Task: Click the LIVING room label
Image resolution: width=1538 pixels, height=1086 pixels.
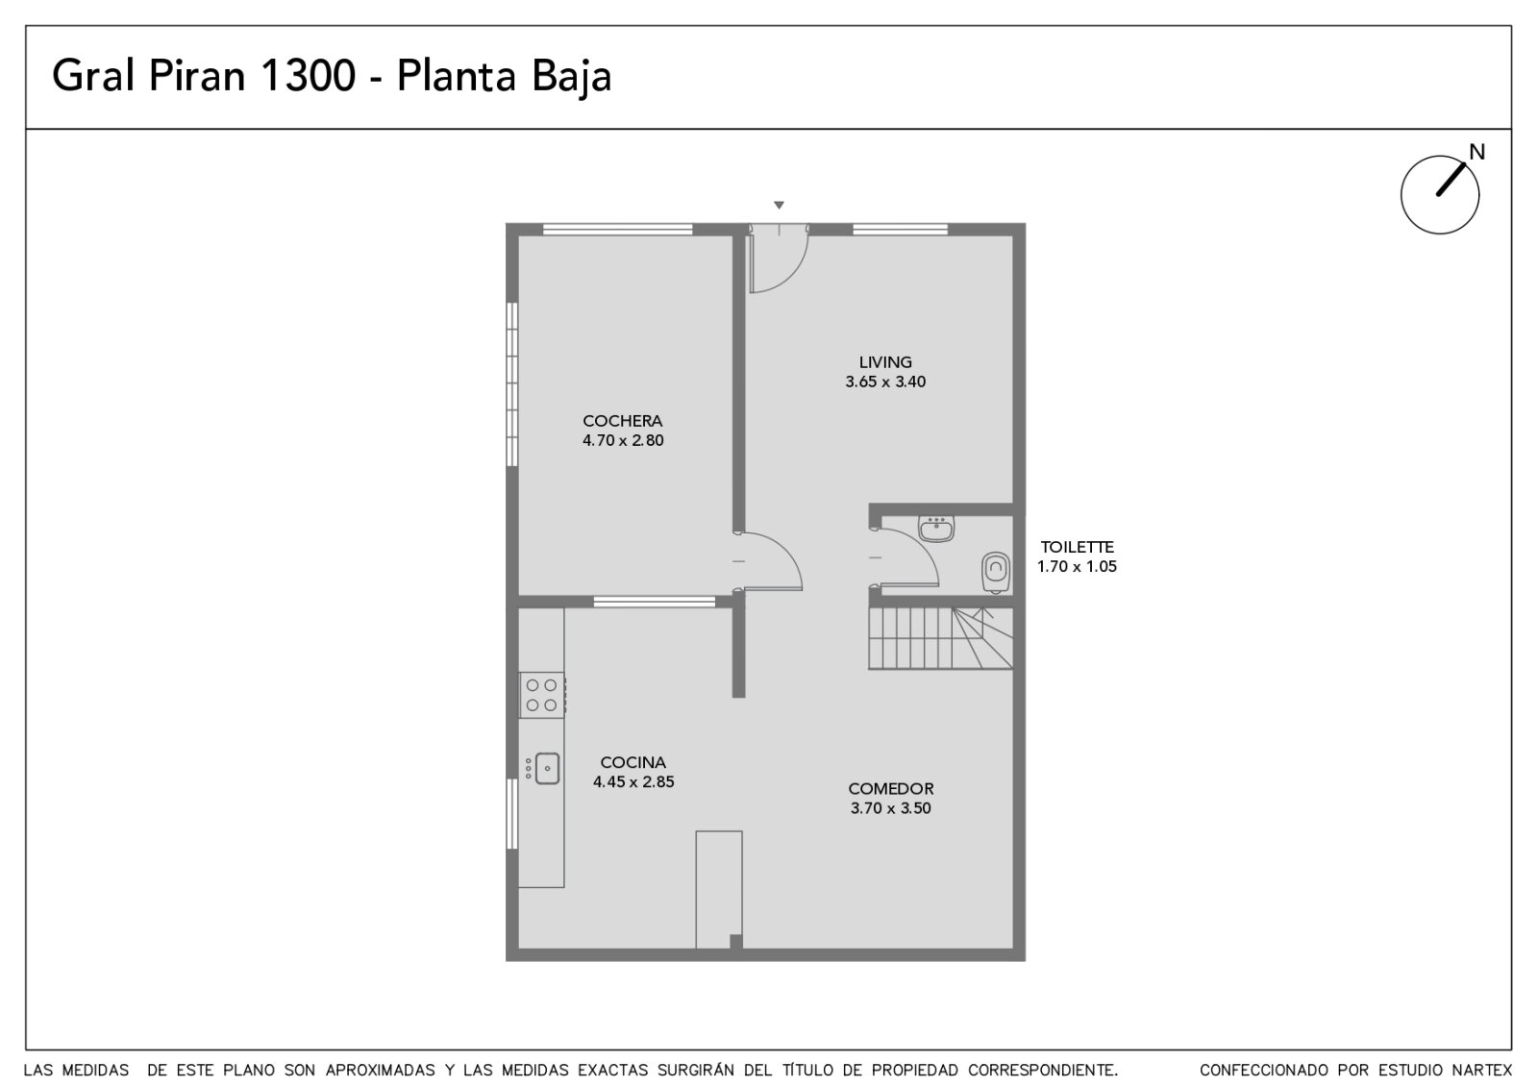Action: tap(885, 361)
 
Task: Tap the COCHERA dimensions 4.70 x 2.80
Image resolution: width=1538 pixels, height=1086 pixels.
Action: tap(623, 441)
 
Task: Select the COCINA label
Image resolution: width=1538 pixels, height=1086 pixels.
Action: tap(633, 762)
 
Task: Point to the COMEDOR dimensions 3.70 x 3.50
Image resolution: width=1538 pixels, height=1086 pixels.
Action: tap(890, 808)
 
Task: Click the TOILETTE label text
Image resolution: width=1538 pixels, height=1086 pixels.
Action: tap(1077, 547)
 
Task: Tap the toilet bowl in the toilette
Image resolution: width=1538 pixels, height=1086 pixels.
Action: tap(996, 572)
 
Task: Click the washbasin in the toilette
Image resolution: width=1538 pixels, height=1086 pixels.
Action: tap(936, 530)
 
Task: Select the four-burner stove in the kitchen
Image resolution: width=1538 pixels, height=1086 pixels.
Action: tap(542, 695)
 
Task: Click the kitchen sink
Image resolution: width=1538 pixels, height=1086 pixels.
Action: tap(543, 768)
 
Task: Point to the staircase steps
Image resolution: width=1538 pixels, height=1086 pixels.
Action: tap(940, 638)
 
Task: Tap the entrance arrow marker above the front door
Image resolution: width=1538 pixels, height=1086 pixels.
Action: tap(779, 205)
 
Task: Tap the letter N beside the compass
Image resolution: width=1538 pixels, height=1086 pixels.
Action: tap(1476, 152)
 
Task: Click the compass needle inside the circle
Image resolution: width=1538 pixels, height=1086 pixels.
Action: tap(1451, 180)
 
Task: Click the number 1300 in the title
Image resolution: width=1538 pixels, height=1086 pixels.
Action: tap(309, 76)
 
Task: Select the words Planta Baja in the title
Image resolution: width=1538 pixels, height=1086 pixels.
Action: tap(504, 77)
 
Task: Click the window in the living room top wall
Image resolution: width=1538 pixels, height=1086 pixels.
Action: tap(900, 230)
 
